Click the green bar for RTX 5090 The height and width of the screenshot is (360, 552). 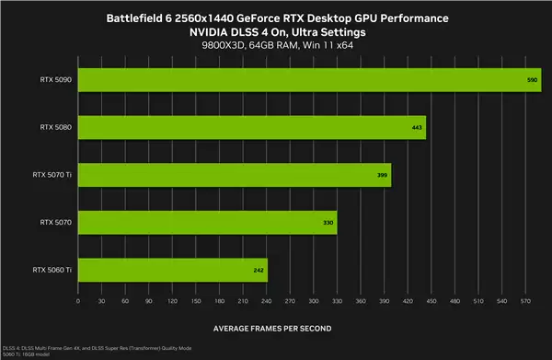coord(308,79)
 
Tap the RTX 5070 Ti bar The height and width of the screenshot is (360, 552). coord(235,175)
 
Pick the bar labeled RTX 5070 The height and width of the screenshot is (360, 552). coord(207,223)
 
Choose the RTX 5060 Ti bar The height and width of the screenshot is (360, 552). coord(172,271)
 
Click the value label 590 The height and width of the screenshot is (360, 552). coord(532,80)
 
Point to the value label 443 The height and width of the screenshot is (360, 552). coord(418,127)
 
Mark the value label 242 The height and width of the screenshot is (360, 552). coord(259,271)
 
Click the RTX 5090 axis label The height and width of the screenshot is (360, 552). coord(57,79)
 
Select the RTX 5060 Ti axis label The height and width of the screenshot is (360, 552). coord(52,271)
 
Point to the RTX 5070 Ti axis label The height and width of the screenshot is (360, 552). coord(52,175)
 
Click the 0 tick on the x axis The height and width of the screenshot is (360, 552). coord(78,301)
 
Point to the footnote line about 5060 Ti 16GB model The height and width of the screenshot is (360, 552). coord(28,354)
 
